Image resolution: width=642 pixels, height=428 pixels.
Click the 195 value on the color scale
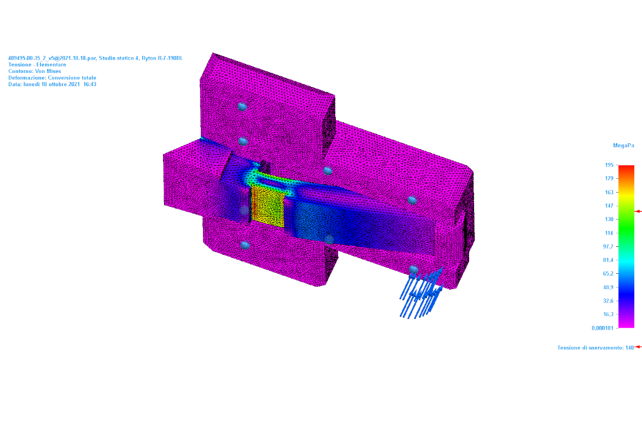[x=609, y=165]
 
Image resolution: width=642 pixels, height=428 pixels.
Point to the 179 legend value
[x=609, y=178]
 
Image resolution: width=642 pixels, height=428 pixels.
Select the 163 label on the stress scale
[x=609, y=192]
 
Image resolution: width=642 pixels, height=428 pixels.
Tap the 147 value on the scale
[x=609, y=206]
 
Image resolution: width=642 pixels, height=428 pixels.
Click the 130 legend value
[x=609, y=219]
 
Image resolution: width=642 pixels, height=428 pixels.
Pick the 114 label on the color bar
[x=609, y=233]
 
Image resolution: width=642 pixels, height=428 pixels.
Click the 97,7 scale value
[x=608, y=246]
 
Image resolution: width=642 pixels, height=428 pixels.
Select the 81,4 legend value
[x=608, y=260]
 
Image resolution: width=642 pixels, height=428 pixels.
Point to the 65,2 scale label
[x=608, y=274]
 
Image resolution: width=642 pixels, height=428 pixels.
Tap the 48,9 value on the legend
[x=608, y=288]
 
